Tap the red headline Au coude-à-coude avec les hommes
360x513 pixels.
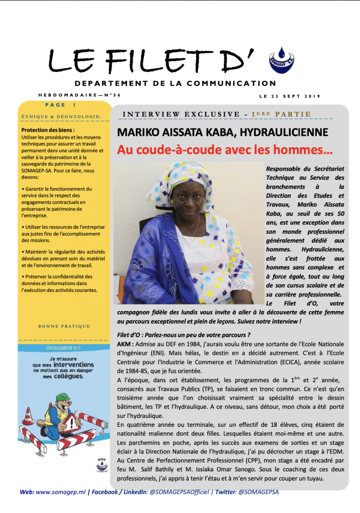[225, 149]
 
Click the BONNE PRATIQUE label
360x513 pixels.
[64, 326]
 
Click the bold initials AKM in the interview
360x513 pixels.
[123, 344]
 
